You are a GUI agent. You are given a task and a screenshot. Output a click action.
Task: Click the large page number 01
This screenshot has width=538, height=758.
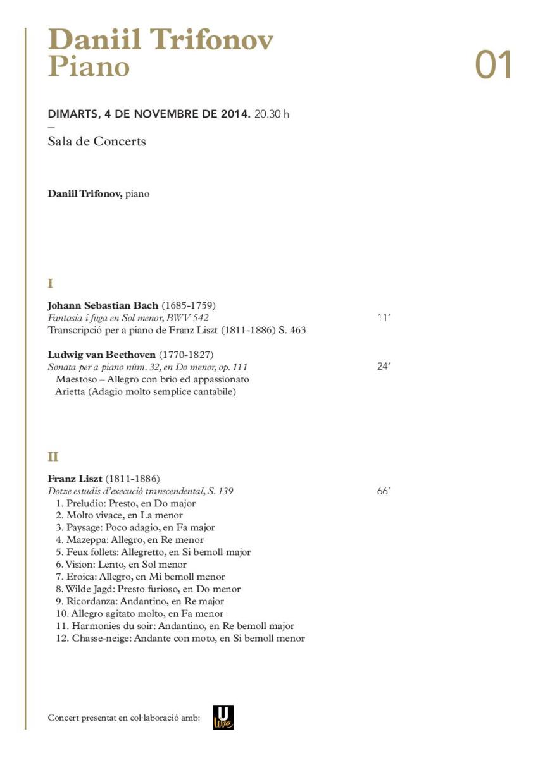[492, 66]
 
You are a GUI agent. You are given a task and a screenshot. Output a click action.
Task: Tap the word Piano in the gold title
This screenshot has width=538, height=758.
[89, 66]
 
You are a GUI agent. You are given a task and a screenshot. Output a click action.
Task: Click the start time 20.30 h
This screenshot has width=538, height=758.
[272, 114]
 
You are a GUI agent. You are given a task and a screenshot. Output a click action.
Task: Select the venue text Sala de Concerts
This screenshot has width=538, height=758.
[97, 142]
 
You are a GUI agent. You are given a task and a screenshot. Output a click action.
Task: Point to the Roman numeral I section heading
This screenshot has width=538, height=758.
[51, 283]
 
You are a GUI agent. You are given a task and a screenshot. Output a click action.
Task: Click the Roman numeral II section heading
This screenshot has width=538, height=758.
[53, 456]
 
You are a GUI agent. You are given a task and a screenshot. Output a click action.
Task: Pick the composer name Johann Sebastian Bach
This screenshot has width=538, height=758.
[103, 305]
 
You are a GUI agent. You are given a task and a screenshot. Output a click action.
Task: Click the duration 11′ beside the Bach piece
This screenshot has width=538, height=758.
[384, 317]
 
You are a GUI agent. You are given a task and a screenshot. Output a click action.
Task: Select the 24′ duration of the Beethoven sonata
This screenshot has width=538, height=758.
[384, 366]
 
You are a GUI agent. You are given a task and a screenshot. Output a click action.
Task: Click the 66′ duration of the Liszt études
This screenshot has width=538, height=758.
[384, 491]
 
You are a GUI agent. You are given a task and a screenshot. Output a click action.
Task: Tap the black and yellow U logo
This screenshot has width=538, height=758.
[223, 717]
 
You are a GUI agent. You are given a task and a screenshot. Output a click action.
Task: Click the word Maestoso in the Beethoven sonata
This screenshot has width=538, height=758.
[77, 379]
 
